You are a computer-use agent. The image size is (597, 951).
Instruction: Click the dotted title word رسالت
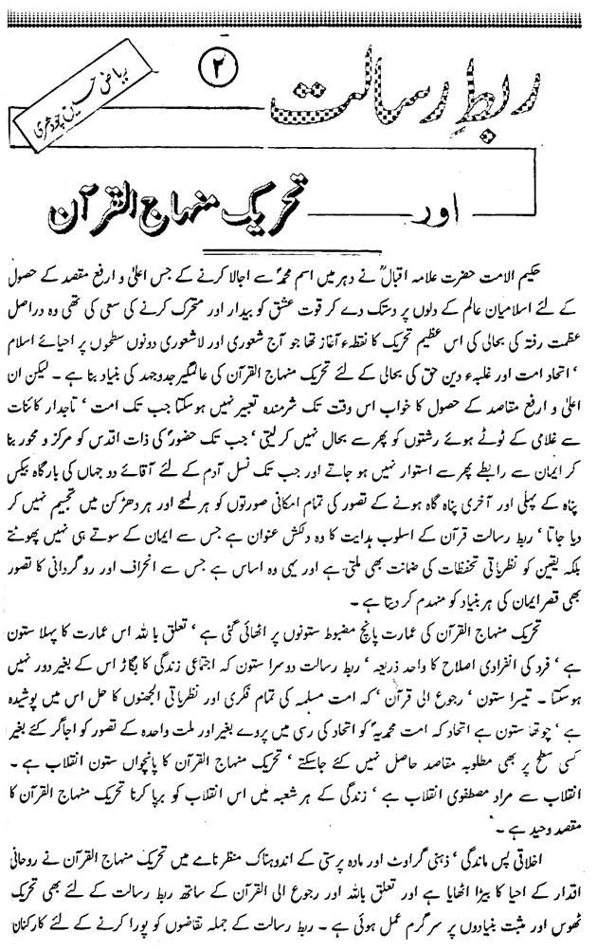(379, 104)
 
